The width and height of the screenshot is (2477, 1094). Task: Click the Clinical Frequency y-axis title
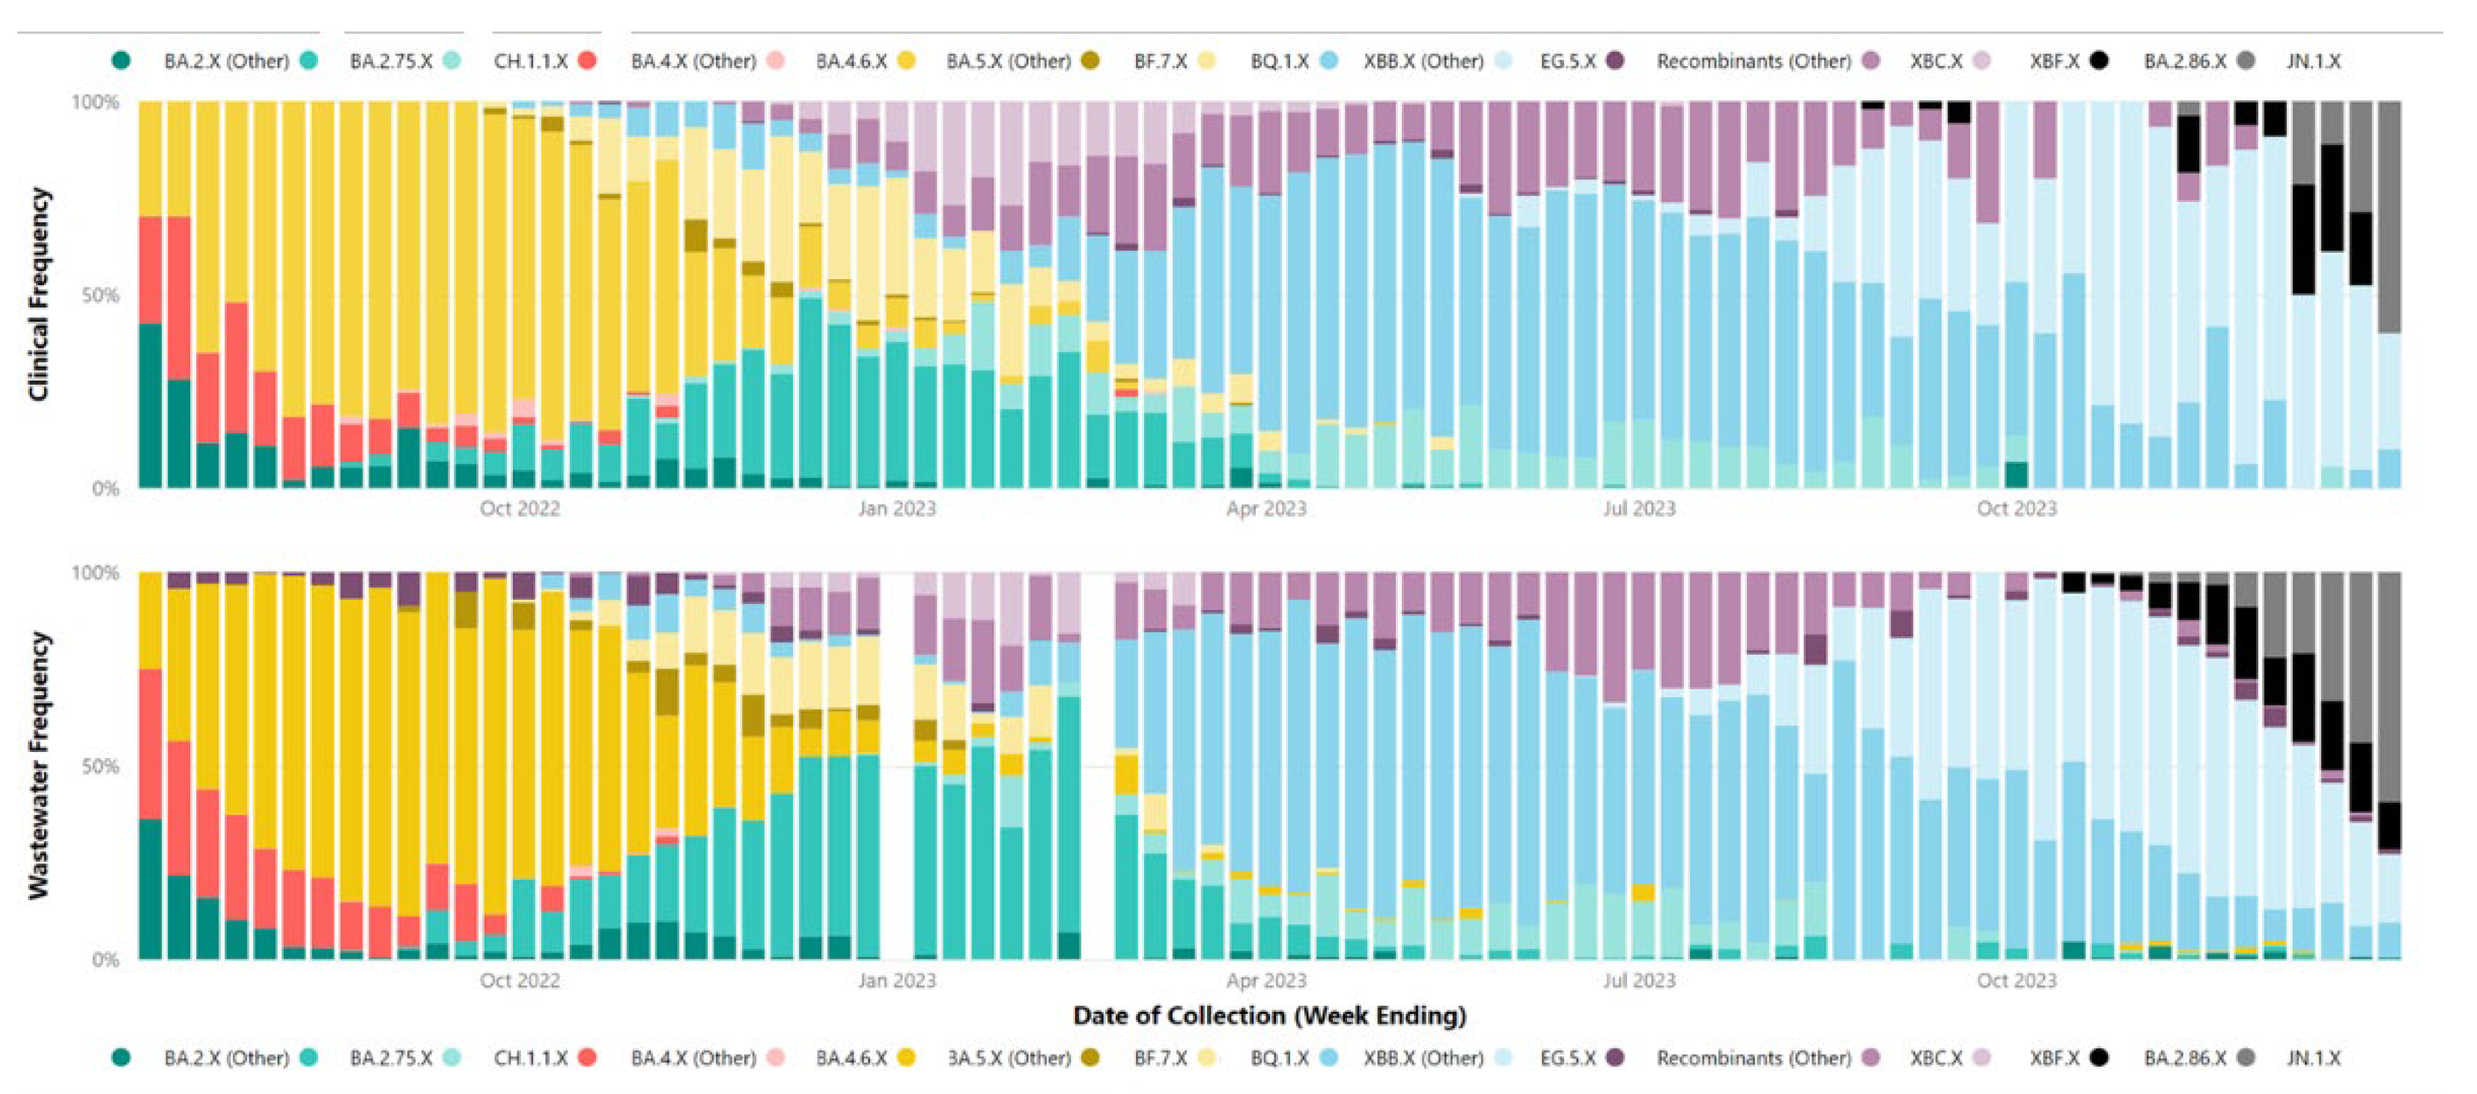(37, 293)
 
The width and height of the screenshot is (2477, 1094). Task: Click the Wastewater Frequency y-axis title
(37, 764)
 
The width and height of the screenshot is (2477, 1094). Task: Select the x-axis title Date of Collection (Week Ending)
(1269, 1015)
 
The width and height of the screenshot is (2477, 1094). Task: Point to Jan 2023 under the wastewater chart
(896, 980)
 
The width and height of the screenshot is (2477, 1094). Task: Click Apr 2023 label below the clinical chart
(1265, 509)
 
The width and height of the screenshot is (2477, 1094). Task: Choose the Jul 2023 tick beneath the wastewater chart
(1638, 980)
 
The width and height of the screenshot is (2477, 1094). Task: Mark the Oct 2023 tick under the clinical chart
(2016, 509)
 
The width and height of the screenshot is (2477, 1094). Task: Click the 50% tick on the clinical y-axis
(100, 295)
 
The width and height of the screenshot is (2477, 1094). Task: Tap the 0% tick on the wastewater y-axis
(106, 959)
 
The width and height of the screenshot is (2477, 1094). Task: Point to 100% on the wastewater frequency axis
(96, 573)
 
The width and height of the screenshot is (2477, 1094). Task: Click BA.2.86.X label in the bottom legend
(2185, 1057)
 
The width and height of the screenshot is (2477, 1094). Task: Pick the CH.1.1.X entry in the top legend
(530, 61)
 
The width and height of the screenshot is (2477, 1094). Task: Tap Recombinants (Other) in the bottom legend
(1753, 1057)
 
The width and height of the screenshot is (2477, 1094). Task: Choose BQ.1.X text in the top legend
(1279, 61)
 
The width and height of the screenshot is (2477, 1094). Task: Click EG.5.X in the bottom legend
(1567, 1057)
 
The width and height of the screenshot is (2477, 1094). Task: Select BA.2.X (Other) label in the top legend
(226, 61)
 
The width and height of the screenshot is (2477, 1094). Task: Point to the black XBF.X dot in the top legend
(2099, 61)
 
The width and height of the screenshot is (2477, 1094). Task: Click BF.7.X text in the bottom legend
(1160, 1057)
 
